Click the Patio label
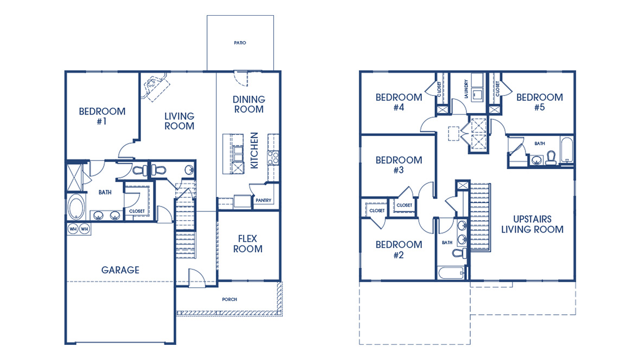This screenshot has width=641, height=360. click(x=240, y=43)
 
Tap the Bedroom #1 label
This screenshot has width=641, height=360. click(x=102, y=116)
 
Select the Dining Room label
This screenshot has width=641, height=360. click(x=248, y=104)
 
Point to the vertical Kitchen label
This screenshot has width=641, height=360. click(x=255, y=150)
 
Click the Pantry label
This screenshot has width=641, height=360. click(x=263, y=201)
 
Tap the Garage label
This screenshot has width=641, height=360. click(x=120, y=270)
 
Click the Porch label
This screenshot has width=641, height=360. click(x=229, y=299)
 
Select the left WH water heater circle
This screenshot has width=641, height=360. click(x=73, y=229)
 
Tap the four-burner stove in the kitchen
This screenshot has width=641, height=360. click(x=274, y=157)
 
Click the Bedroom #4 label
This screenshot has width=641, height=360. click(x=399, y=102)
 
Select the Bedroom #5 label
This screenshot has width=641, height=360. click(x=539, y=102)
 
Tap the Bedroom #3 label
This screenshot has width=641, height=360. click(x=399, y=165)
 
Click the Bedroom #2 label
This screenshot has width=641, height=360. click(x=399, y=249)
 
